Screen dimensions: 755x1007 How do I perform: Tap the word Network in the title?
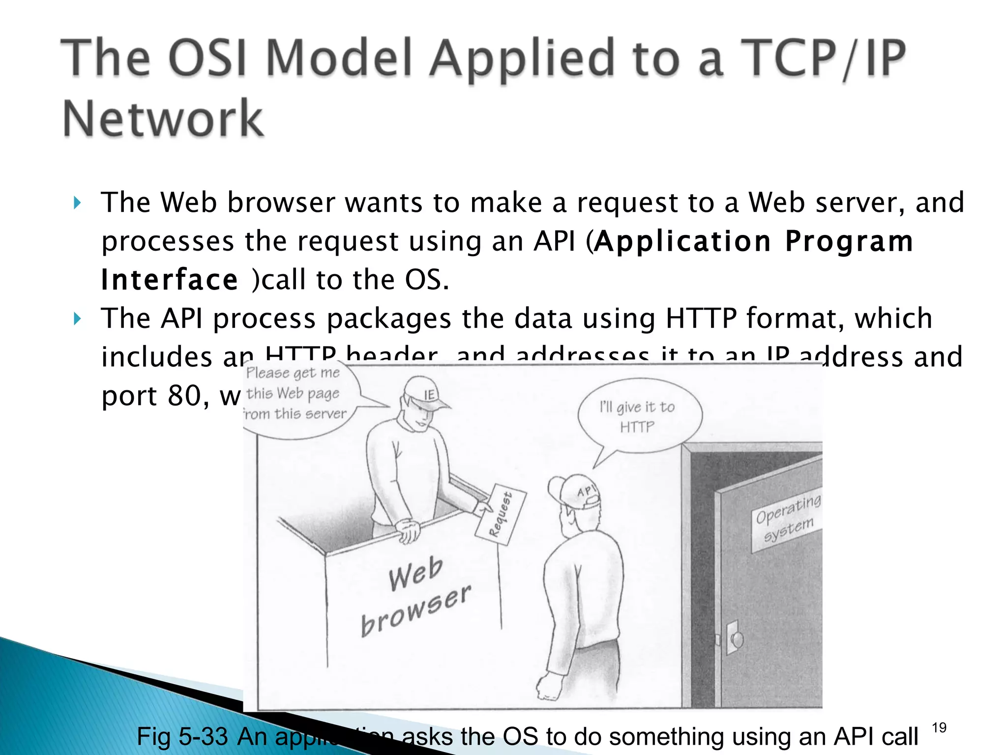[163, 119]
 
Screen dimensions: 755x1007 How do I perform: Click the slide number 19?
[939, 727]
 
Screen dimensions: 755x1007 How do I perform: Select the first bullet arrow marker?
[77, 203]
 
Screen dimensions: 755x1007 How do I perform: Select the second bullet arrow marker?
[77, 319]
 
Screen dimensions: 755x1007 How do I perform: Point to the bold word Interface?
[170, 280]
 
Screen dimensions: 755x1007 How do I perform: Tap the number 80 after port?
[183, 395]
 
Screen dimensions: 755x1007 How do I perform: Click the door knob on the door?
[738, 639]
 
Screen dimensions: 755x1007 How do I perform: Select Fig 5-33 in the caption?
[182, 736]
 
